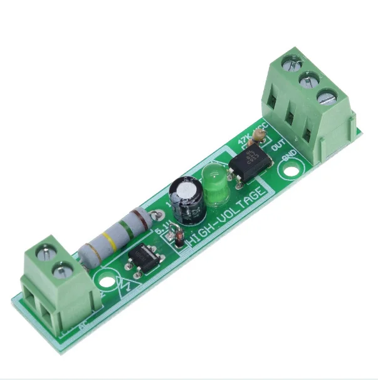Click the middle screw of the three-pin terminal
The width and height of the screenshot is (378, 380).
click(307, 80)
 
